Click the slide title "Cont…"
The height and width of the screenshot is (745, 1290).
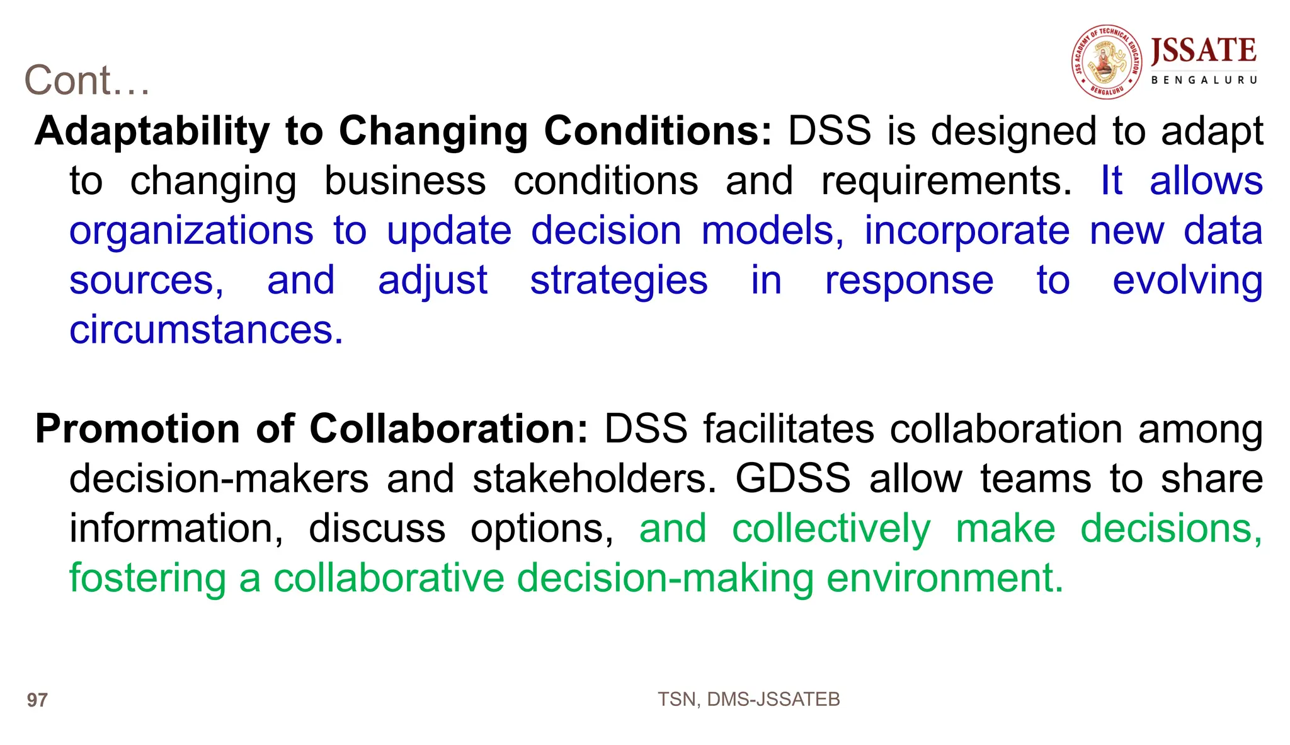[x=87, y=81]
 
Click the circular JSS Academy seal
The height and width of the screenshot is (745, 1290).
[x=1107, y=62]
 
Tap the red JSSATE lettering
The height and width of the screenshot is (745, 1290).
[x=1203, y=50]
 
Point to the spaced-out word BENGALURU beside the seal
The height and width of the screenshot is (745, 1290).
[x=1204, y=80]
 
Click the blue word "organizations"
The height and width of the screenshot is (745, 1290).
[x=191, y=231]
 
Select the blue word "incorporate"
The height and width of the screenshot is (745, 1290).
[x=966, y=231]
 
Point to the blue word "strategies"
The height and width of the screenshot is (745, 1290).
[x=619, y=280]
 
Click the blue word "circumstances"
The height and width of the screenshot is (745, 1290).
[x=206, y=330]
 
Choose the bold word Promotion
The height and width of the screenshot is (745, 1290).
[x=137, y=429]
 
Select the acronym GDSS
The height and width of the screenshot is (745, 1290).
[x=793, y=479]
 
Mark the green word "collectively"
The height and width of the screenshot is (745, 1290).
[x=831, y=528]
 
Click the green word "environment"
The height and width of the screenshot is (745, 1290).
[x=944, y=578]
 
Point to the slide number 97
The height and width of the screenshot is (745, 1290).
[x=37, y=700]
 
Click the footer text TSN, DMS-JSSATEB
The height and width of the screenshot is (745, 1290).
[x=748, y=700]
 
